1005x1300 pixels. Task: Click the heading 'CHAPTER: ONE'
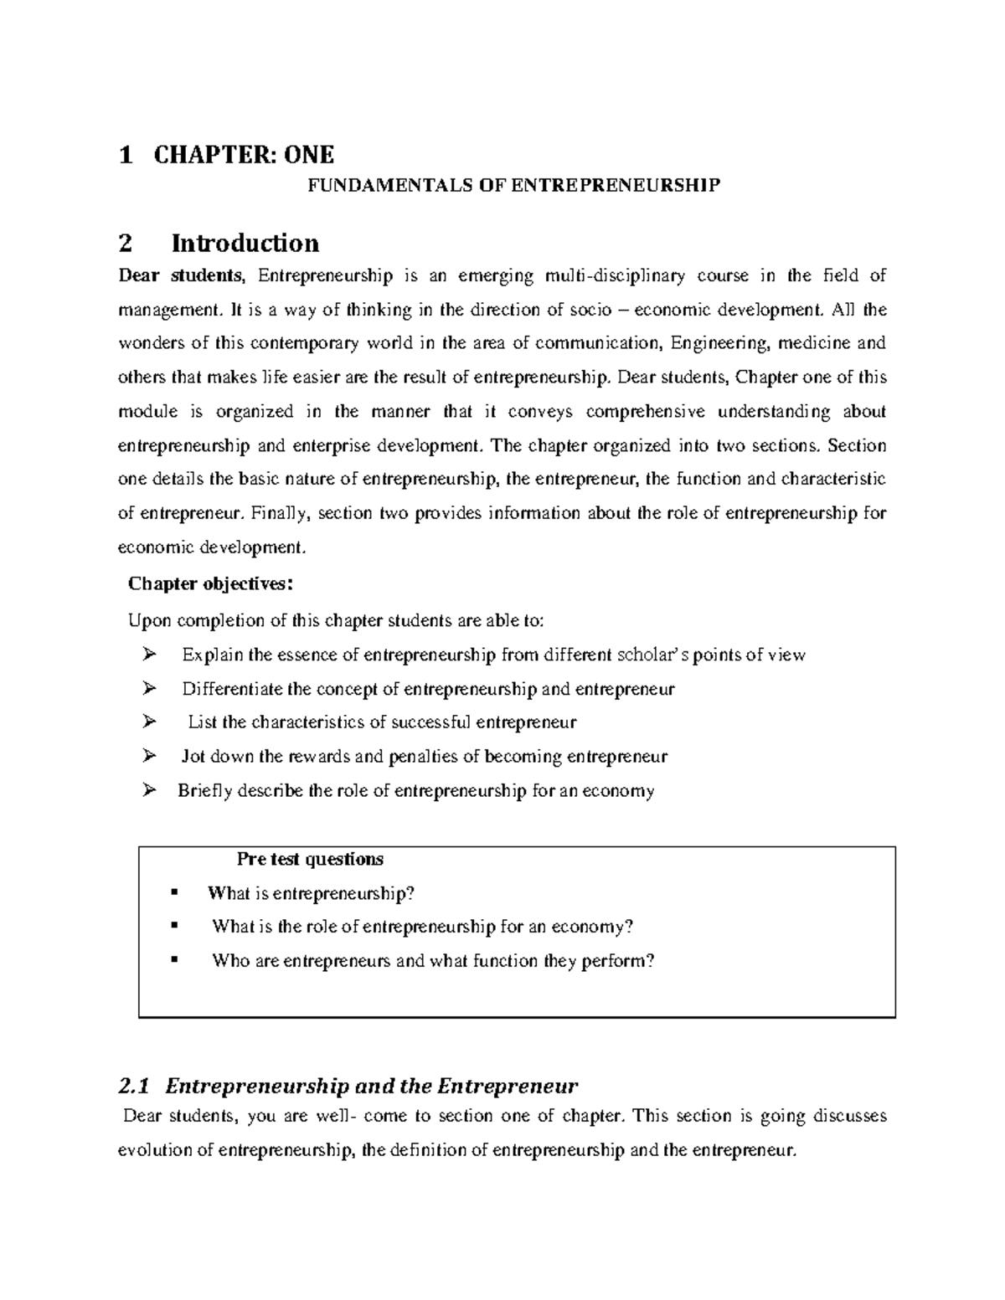point(244,155)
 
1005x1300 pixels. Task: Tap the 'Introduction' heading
point(245,244)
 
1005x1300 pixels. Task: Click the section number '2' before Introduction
point(126,244)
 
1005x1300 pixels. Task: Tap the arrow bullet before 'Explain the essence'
point(149,655)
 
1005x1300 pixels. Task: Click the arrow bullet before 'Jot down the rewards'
point(149,757)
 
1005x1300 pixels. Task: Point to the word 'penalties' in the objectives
point(424,757)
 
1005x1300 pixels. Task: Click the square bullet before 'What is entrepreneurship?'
point(174,892)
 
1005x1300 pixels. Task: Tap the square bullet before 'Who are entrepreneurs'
point(174,960)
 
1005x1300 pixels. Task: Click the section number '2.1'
point(133,1087)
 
